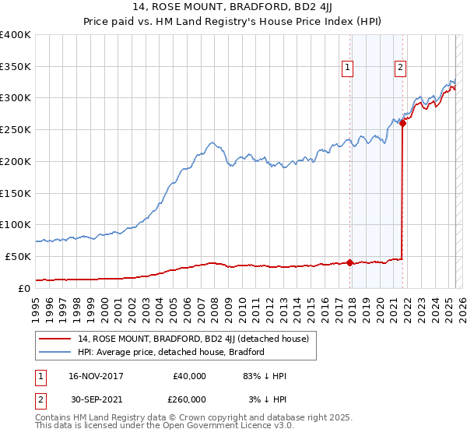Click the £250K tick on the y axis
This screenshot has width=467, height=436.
pos(15,130)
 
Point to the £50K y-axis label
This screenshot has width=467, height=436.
pos(18,256)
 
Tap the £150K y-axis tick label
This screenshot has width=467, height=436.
pos(15,193)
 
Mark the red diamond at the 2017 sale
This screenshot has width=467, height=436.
pos(349,262)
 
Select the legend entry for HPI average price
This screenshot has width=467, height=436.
pos(171,352)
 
